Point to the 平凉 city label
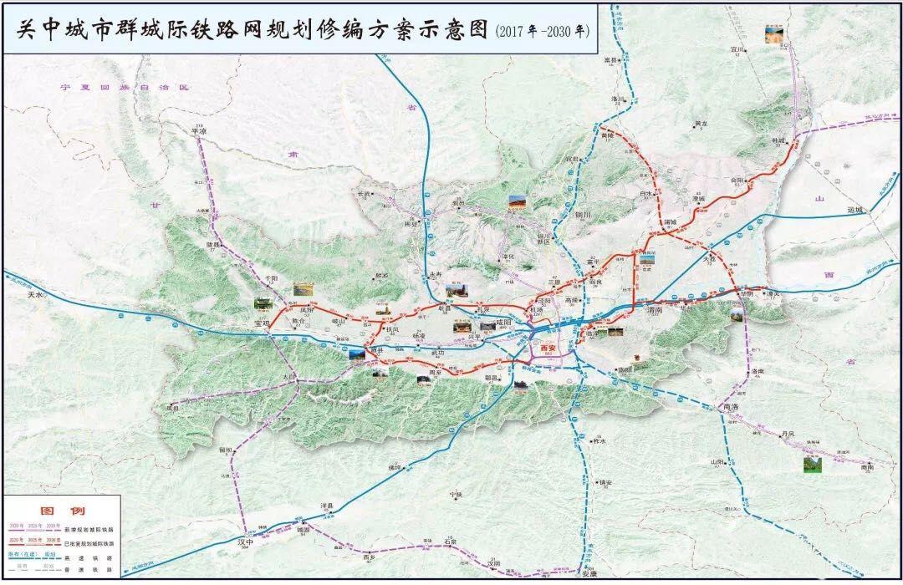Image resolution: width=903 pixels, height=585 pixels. (x=198, y=131)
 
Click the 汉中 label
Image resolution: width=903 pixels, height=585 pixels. (x=243, y=542)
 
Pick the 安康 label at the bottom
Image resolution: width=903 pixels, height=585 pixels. (x=589, y=574)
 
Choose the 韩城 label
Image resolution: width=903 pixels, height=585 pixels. (x=779, y=141)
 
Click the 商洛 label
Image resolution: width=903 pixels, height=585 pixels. (x=731, y=406)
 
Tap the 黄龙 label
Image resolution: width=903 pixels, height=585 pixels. (x=701, y=124)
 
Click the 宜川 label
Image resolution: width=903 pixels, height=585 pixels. (x=736, y=49)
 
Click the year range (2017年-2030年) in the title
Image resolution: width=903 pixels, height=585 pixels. (x=541, y=30)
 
